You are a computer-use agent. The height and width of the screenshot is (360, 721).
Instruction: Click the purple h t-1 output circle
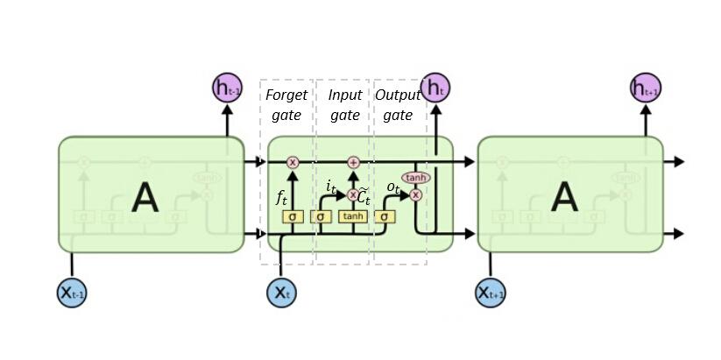pos(227,88)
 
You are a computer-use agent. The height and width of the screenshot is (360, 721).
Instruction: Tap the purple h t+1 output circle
pos(646,88)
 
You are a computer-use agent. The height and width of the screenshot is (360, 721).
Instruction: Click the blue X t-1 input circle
pos(72,293)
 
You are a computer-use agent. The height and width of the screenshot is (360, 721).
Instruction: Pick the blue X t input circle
pos(281,293)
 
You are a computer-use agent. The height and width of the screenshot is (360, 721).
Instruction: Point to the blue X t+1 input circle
pos(491,293)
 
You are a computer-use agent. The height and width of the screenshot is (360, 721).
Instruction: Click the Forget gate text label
pos(286,104)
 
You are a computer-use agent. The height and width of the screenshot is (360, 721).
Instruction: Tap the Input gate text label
pos(344,104)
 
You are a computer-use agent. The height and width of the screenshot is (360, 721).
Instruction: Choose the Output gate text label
pos(398,104)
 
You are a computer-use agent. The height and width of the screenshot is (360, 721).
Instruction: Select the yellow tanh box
pos(353,216)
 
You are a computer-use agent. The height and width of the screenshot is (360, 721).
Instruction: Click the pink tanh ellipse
pos(416,178)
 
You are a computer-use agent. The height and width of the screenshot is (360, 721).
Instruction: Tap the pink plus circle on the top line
pos(354,162)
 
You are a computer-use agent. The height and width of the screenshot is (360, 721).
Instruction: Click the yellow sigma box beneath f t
pos(293,216)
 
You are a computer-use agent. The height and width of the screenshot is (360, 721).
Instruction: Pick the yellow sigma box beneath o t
pos(384,216)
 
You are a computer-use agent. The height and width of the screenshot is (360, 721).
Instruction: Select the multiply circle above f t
pos(293,162)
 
